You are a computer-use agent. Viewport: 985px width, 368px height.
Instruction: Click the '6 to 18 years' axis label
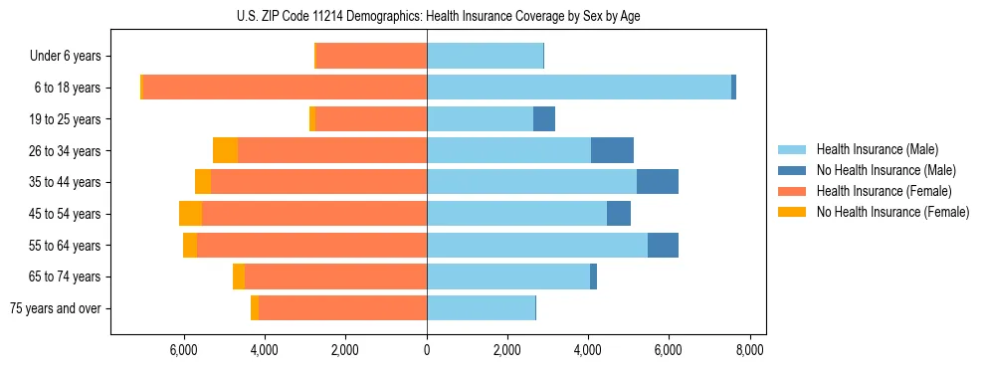coord(68,88)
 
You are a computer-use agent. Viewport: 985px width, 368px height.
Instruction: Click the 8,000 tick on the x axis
coord(749,350)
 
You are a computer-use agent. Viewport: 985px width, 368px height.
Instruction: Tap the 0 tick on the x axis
coord(427,350)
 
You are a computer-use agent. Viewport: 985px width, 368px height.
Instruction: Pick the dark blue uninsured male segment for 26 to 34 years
coord(612,150)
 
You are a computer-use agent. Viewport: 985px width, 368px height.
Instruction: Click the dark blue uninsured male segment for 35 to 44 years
coord(658,182)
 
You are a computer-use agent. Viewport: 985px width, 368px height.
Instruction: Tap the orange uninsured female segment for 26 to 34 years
coord(226,150)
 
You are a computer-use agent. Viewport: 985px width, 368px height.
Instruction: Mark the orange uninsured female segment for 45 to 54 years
coord(191,214)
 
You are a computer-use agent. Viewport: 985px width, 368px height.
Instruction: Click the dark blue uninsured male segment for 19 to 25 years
coord(544,119)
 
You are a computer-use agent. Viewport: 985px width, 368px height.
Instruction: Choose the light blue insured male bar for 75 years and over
coord(481,308)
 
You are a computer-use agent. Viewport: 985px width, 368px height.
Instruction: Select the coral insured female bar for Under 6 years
coord(371,57)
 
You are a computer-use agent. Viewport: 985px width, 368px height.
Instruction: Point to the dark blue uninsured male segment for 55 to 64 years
coord(663,245)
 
